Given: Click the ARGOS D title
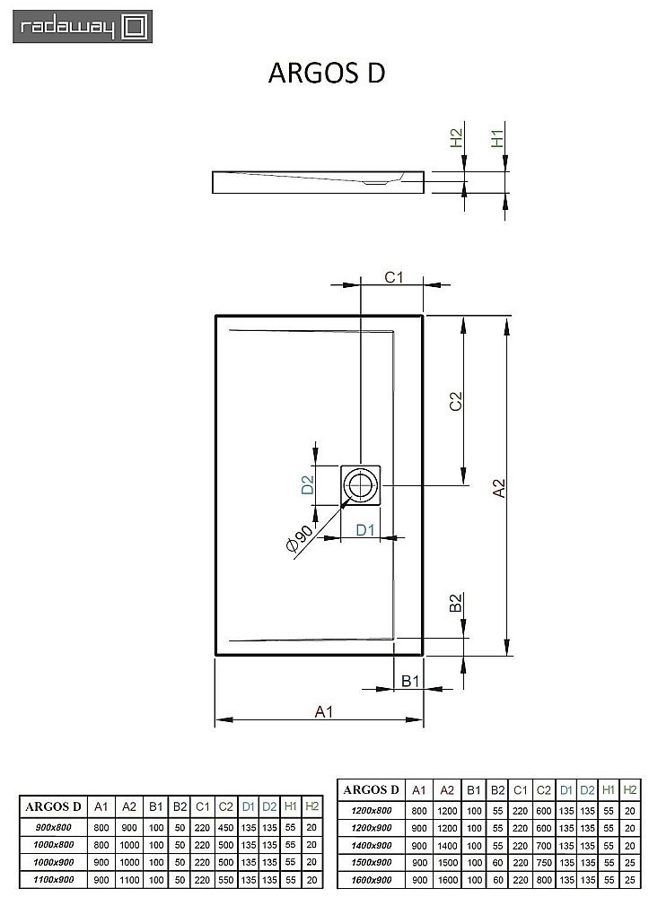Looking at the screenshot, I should click(327, 74).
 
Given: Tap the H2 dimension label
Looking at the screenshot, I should click(455, 139).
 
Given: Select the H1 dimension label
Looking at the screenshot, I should click(496, 139).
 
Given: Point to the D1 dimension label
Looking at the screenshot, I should click(364, 529).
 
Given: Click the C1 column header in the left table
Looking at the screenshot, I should click(203, 806).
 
